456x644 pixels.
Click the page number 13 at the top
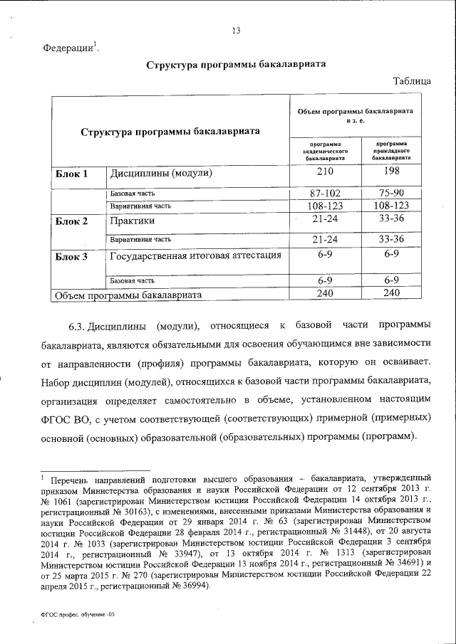click(237, 30)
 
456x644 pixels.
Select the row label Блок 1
click(71, 173)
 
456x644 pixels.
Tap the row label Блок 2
click(71, 221)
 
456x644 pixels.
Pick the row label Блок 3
click(71, 256)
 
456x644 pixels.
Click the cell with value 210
click(325, 172)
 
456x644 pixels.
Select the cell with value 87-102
click(325, 193)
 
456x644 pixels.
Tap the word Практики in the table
click(133, 221)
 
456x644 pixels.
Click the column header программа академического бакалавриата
click(325, 152)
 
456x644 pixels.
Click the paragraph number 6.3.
click(77, 327)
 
